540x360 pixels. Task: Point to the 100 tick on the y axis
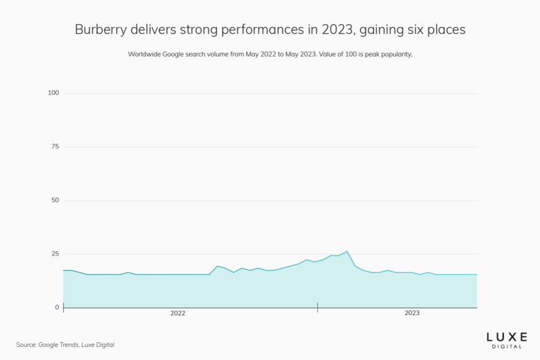(x=53, y=93)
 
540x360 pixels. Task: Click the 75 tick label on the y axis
(x=55, y=147)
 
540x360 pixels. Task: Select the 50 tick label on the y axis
(x=55, y=200)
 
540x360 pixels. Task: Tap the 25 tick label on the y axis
(x=55, y=254)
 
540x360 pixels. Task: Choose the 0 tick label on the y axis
(x=57, y=307)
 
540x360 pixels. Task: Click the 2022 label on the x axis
(x=178, y=314)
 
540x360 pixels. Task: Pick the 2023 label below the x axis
(x=412, y=314)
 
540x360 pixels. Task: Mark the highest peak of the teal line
(x=347, y=251)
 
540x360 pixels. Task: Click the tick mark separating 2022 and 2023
(x=318, y=307)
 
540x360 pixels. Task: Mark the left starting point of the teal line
(x=64, y=270)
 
